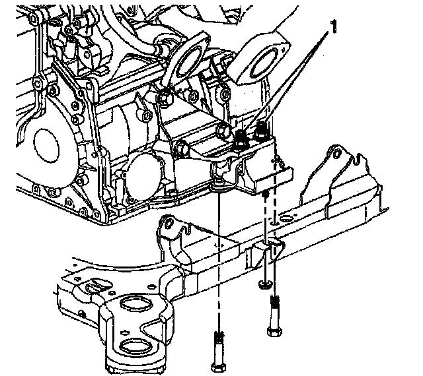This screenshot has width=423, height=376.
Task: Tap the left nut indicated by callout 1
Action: click(x=242, y=138)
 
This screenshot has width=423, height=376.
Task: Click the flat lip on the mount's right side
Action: click(x=275, y=175)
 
